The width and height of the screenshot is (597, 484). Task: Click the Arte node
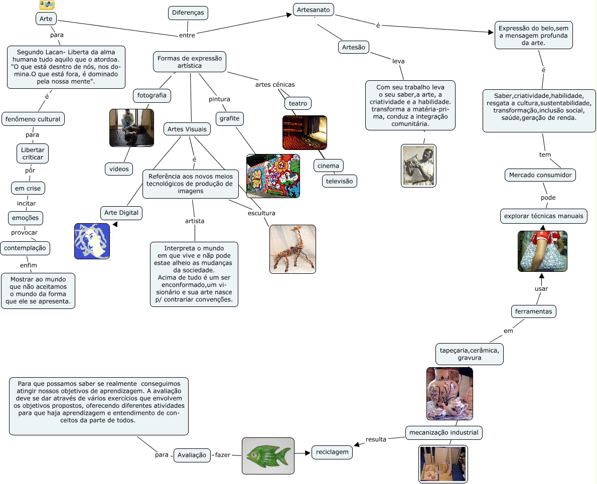click(x=46, y=19)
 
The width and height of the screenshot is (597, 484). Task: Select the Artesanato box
click(x=313, y=10)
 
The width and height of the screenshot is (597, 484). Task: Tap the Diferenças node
click(x=188, y=13)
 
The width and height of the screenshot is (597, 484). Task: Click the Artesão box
click(x=354, y=47)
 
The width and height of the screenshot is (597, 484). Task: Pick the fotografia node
click(x=152, y=95)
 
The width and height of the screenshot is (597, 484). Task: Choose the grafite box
click(x=230, y=119)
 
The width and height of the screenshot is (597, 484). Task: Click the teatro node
click(x=298, y=104)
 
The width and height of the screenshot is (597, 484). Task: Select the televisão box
click(x=340, y=181)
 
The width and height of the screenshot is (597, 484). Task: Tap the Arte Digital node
click(x=121, y=213)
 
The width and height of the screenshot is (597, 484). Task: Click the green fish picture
click(x=268, y=455)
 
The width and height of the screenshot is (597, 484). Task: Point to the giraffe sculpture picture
click(x=292, y=249)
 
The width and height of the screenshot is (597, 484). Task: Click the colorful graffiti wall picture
click(x=273, y=176)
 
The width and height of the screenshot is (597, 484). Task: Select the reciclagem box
click(x=332, y=452)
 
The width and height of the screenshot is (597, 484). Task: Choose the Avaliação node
click(x=192, y=455)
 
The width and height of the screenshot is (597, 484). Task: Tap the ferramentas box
click(x=533, y=311)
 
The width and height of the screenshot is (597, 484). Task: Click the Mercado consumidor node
click(x=540, y=175)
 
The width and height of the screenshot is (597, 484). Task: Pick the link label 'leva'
click(x=398, y=61)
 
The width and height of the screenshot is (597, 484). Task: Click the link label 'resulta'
click(x=376, y=439)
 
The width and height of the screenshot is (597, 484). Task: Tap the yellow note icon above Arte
click(x=47, y=5)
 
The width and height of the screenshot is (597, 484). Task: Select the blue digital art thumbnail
click(x=92, y=241)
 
